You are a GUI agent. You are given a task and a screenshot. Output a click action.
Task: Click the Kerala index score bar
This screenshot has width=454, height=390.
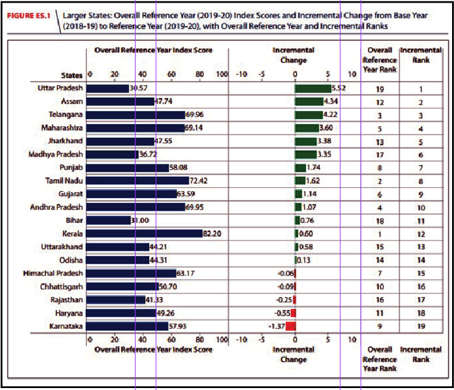pos(144,234)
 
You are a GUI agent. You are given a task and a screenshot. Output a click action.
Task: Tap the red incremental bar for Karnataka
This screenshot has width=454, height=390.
pos(291,326)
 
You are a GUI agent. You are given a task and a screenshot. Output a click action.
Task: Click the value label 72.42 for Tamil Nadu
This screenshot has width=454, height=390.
pos(198,181)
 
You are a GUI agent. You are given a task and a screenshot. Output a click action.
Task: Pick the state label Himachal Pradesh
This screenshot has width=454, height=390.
pos(53,274)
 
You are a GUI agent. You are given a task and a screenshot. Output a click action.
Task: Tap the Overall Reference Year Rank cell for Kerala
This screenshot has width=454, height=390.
pos(379,234)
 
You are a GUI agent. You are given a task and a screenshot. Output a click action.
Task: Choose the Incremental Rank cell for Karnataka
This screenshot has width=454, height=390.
pos(420,326)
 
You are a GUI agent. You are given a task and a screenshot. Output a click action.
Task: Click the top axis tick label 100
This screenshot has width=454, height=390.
pos(222,74)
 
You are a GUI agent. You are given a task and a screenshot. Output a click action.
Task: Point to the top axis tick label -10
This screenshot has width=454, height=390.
pos(241,74)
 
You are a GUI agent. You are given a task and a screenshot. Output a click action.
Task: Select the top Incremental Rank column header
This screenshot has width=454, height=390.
pos(420,55)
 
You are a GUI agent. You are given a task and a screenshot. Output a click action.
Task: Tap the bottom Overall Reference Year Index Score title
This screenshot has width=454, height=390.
pos(153,350)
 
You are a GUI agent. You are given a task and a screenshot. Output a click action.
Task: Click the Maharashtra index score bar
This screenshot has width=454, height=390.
pos(136,128)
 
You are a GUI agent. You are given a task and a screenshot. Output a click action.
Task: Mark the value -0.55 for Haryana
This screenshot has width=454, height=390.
pos(283,313)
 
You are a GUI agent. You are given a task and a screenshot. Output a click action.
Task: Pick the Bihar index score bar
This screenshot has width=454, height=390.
pos(108,221)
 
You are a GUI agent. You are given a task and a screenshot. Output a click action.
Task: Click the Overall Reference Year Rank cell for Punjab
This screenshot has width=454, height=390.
pos(379,168)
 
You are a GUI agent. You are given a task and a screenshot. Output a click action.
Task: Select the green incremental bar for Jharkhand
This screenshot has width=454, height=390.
pos(305,141)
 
